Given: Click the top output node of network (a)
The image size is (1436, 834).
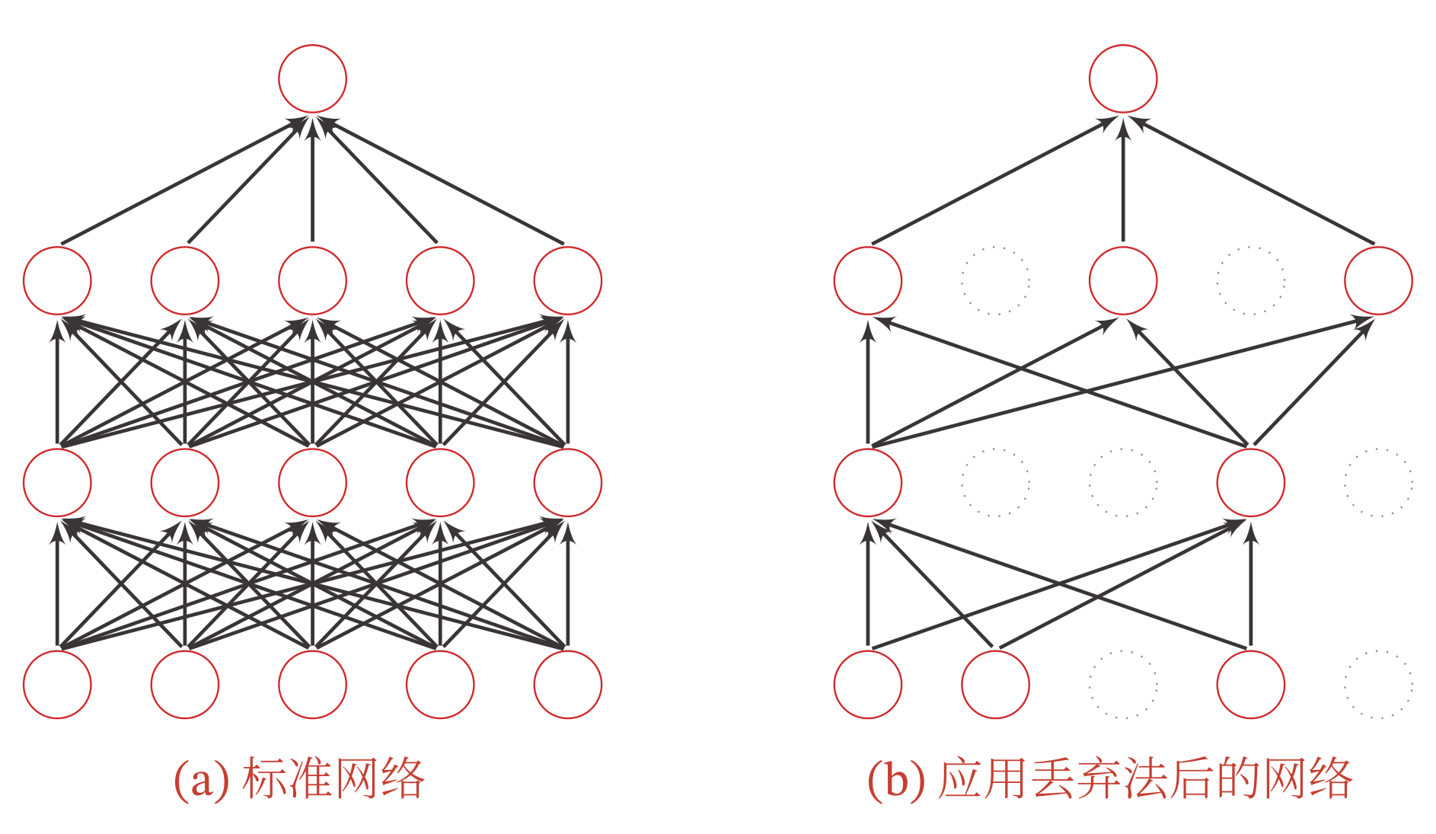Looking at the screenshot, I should coord(312,78).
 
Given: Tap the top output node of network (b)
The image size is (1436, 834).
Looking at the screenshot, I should coord(1123,78).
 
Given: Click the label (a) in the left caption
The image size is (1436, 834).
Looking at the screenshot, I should coord(201,780).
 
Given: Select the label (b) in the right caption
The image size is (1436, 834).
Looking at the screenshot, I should coord(895,780).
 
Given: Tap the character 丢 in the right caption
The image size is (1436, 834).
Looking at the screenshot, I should coord(1053,779).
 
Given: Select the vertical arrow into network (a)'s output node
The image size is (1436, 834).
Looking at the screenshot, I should coord(312,183).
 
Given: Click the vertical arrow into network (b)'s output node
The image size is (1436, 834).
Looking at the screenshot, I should coord(1123,183).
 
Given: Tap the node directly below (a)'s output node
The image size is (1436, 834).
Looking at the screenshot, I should coord(312,280).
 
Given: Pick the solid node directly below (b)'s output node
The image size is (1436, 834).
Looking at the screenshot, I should coord(1123,280).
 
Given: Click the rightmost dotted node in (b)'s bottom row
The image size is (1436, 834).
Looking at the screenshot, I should coord(1378,684).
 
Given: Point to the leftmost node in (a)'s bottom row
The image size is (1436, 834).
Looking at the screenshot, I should coord(57,684).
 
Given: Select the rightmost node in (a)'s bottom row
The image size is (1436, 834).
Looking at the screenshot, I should coord(568,684).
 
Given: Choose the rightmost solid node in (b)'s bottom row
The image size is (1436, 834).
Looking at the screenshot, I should coord(1250,684).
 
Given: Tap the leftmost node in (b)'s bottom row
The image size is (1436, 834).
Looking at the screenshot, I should coord(868,684).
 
